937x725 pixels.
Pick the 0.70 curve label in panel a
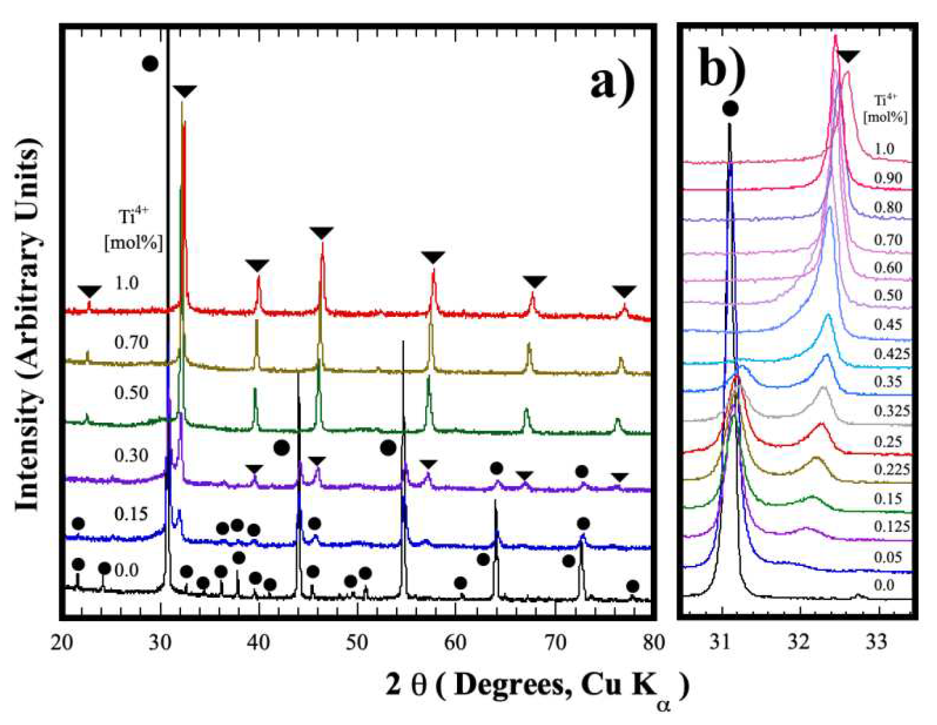[x=131, y=342]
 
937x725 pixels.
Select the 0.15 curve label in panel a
[x=131, y=514]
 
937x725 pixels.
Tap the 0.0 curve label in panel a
[x=127, y=571]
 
